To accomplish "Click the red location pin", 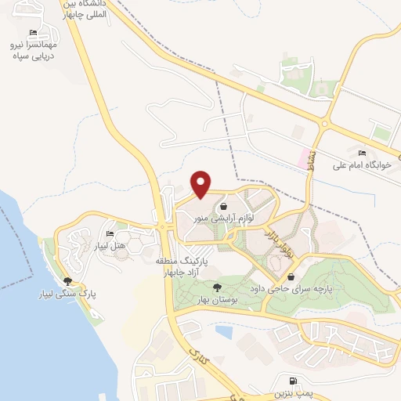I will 201,184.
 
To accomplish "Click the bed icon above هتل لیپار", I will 110,234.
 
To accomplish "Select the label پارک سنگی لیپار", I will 68,295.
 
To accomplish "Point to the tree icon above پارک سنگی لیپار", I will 68,281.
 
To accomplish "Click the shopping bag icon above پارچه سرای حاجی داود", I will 291,276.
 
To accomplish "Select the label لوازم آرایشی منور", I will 223,219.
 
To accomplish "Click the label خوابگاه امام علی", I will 361,165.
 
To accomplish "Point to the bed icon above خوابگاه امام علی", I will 361,153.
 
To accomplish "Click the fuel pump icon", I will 293,378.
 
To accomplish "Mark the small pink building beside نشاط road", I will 301,157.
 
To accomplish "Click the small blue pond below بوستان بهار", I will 223,332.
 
